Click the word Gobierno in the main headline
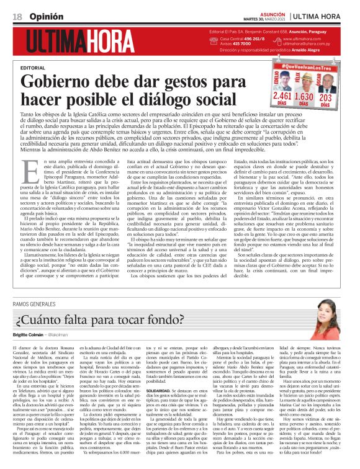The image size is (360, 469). coord(59,81)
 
